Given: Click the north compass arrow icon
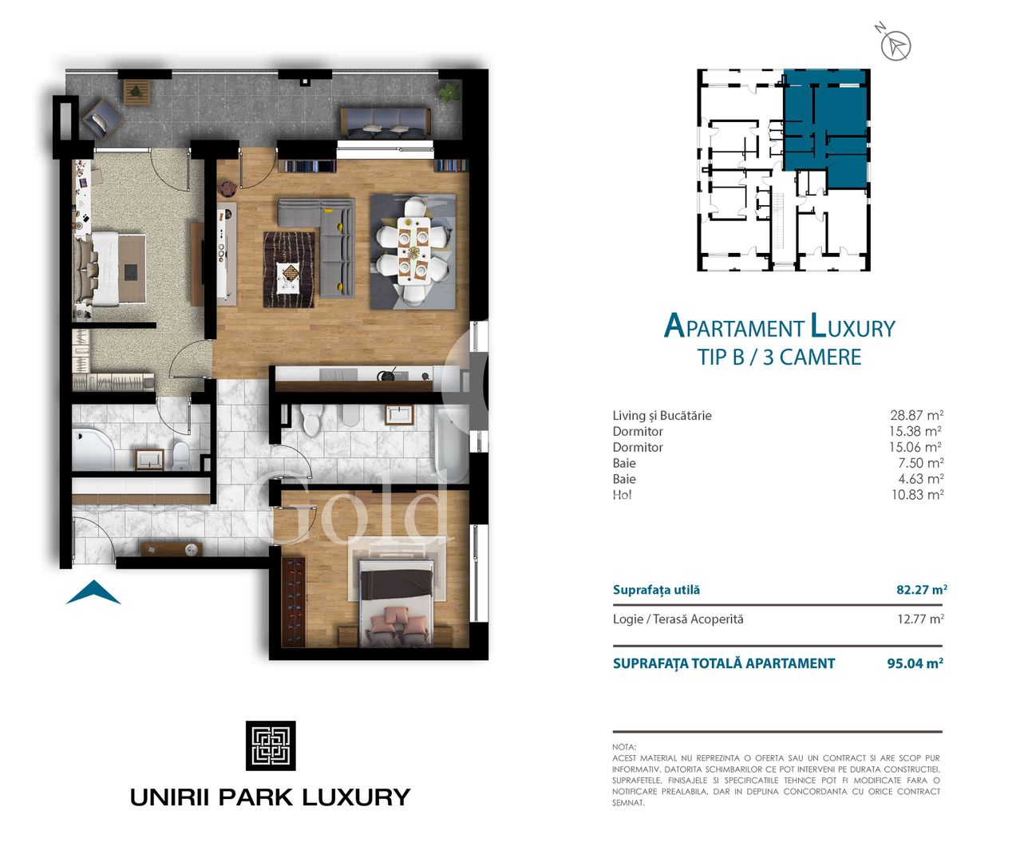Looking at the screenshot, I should point(895,45).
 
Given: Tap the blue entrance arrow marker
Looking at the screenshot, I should point(93,593).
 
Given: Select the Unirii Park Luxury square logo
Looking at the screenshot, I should point(271,745).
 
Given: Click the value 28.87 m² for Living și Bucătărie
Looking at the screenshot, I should point(916,415).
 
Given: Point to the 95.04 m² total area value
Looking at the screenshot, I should point(915,663).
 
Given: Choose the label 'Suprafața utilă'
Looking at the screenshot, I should point(656,590).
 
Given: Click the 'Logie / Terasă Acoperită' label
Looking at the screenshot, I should point(678,619).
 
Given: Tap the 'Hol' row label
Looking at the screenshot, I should point(622,495).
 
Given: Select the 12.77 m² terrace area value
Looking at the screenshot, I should point(919,619).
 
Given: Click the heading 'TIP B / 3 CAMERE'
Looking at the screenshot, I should point(779,357).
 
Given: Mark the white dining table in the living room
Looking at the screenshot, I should point(413,251).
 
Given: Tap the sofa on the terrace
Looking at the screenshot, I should point(385,122).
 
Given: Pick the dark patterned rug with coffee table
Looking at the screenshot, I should point(290,269).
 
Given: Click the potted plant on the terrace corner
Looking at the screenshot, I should point(449,92).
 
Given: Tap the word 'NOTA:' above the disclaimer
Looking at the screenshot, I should point(624,747).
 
